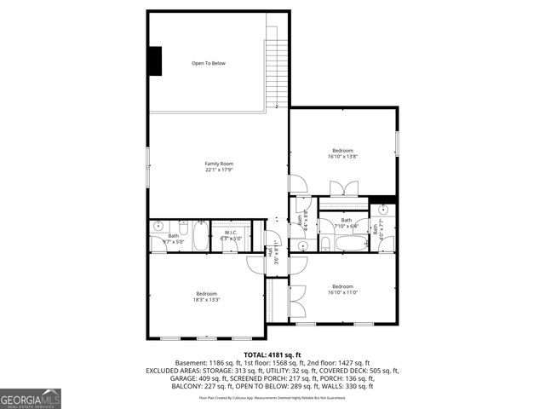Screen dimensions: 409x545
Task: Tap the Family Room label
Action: (x=219, y=164)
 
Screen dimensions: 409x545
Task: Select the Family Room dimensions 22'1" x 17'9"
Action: (x=219, y=170)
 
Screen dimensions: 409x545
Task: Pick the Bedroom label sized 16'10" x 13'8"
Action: (x=343, y=150)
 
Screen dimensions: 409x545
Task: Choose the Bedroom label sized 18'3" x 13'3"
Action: (x=206, y=294)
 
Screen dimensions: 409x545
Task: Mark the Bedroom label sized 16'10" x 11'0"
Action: (x=342, y=286)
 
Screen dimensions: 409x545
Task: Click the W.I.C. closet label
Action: (x=231, y=233)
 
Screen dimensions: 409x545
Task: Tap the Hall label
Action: (x=270, y=252)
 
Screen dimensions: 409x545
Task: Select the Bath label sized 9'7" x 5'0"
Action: (x=173, y=236)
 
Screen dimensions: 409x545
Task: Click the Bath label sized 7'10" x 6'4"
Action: (x=347, y=220)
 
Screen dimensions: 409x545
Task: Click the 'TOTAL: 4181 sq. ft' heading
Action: (x=272, y=354)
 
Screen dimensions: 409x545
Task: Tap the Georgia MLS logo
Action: (x=31, y=397)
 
